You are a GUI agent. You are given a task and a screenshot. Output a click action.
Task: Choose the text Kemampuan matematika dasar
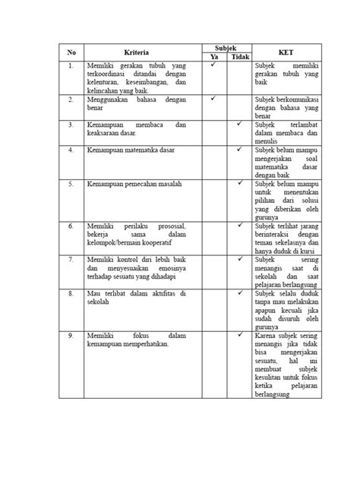pos(126,150)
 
